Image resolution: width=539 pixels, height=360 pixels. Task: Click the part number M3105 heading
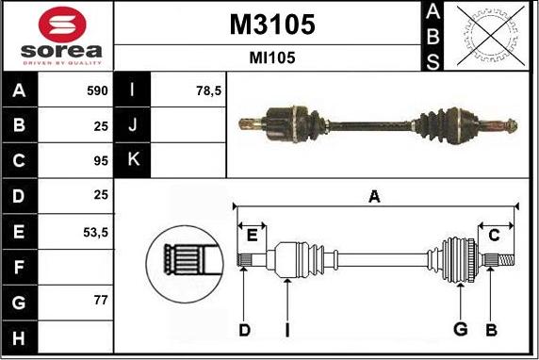[x=272, y=25]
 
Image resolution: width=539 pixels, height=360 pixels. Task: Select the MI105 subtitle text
[x=272, y=57]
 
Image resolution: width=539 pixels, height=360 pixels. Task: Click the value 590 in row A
[x=96, y=91]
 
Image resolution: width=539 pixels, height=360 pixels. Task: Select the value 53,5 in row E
[x=95, y=231]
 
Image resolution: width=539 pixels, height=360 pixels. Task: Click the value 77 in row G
[x=101, y=301]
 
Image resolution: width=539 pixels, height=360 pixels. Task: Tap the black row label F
[x=20, y=267]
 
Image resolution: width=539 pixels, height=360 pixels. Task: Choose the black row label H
[x=20, y=336]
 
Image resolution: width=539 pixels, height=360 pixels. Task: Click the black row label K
[x=133, y=159]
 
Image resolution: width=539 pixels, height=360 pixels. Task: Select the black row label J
[x=133, y=125]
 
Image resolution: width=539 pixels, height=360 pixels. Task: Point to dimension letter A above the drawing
[x=374, y=197]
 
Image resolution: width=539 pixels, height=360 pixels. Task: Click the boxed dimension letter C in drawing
[x=493, y=236]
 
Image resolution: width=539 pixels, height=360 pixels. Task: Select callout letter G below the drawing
[x=460, y=329]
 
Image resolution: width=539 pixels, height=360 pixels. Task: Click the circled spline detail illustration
[x=186, y=257]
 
